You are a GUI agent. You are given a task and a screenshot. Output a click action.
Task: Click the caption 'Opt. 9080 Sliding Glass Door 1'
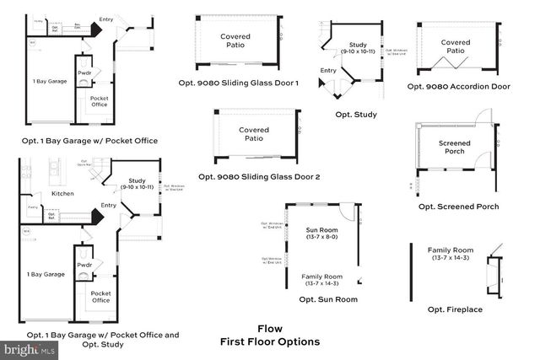point(249,83)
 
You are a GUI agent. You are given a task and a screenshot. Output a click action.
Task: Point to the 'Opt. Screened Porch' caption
point(458,207)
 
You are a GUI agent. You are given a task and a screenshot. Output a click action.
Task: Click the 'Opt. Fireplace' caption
point(456,309)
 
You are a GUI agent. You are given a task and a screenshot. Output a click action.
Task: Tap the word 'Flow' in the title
point(269,329)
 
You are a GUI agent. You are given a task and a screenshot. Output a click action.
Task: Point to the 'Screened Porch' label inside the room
point(454,148)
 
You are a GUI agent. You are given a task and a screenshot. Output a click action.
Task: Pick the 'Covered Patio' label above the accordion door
point(456,46)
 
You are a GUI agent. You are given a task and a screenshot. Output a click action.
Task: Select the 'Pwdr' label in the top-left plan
point(84,73)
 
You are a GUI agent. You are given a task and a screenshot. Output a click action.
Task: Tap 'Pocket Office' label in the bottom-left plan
point(100,297)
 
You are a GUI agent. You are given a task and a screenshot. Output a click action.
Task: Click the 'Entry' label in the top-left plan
point(106,19)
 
